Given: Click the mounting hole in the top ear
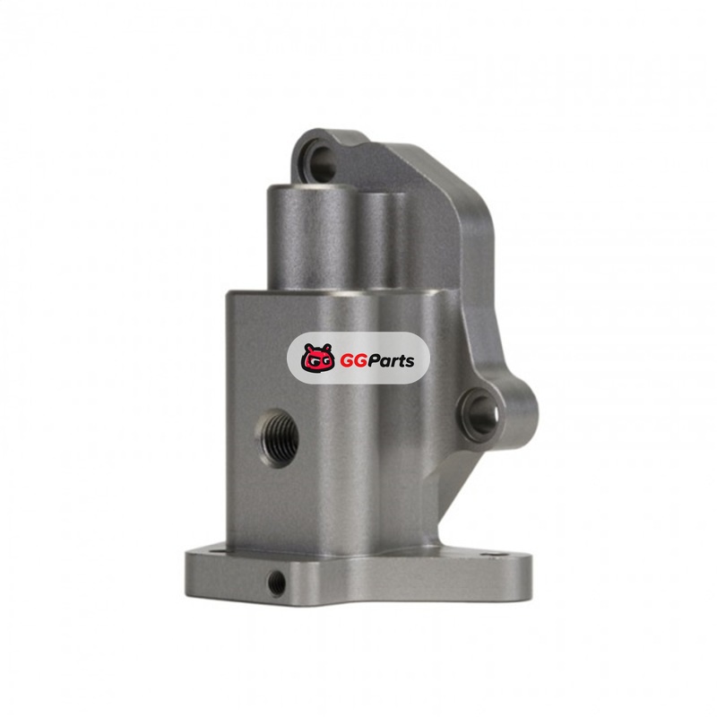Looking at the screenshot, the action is click(x=321, y=163).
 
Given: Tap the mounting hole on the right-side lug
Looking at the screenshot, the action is click(x=481, y=413).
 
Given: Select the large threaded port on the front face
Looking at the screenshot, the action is click(x=278, y=438).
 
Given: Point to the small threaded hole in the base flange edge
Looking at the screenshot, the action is click(x=277, y=583).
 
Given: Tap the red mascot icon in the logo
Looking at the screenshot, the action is click(x=318, y=358).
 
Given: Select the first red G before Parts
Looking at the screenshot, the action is click(x=347, y=361).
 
